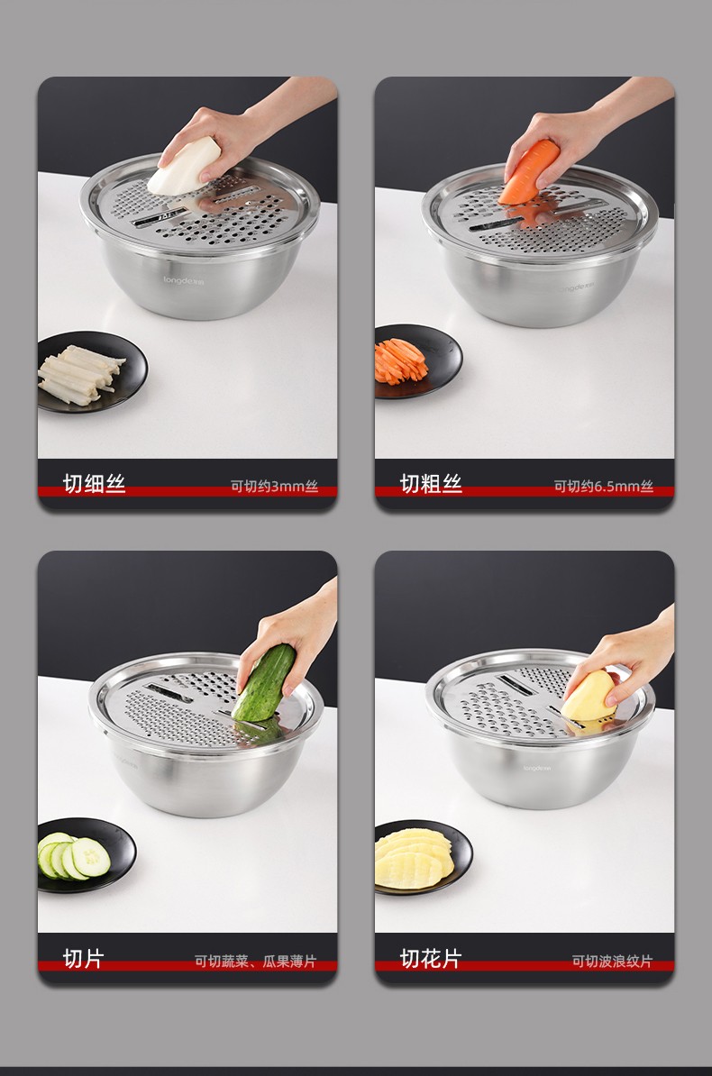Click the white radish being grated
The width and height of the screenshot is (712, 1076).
183,167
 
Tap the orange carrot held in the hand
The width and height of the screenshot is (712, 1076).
529,171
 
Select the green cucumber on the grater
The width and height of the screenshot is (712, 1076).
264,683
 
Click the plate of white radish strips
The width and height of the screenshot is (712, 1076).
92,371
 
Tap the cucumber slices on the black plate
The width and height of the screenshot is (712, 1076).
74,856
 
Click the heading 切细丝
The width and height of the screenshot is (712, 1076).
94,483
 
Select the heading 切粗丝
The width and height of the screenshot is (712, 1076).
431,483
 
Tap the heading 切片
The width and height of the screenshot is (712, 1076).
83,958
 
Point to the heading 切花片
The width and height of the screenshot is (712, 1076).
431,958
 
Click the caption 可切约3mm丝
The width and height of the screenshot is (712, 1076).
274,487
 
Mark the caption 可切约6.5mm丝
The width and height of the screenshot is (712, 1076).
604,487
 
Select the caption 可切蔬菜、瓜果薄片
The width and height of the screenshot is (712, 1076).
255,962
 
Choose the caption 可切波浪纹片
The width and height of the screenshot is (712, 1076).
613,962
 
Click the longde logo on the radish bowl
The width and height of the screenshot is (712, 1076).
183,280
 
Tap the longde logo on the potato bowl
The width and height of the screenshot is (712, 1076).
536,768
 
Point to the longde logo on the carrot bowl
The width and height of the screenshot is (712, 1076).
576,287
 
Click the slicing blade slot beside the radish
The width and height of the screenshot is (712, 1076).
160,218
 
